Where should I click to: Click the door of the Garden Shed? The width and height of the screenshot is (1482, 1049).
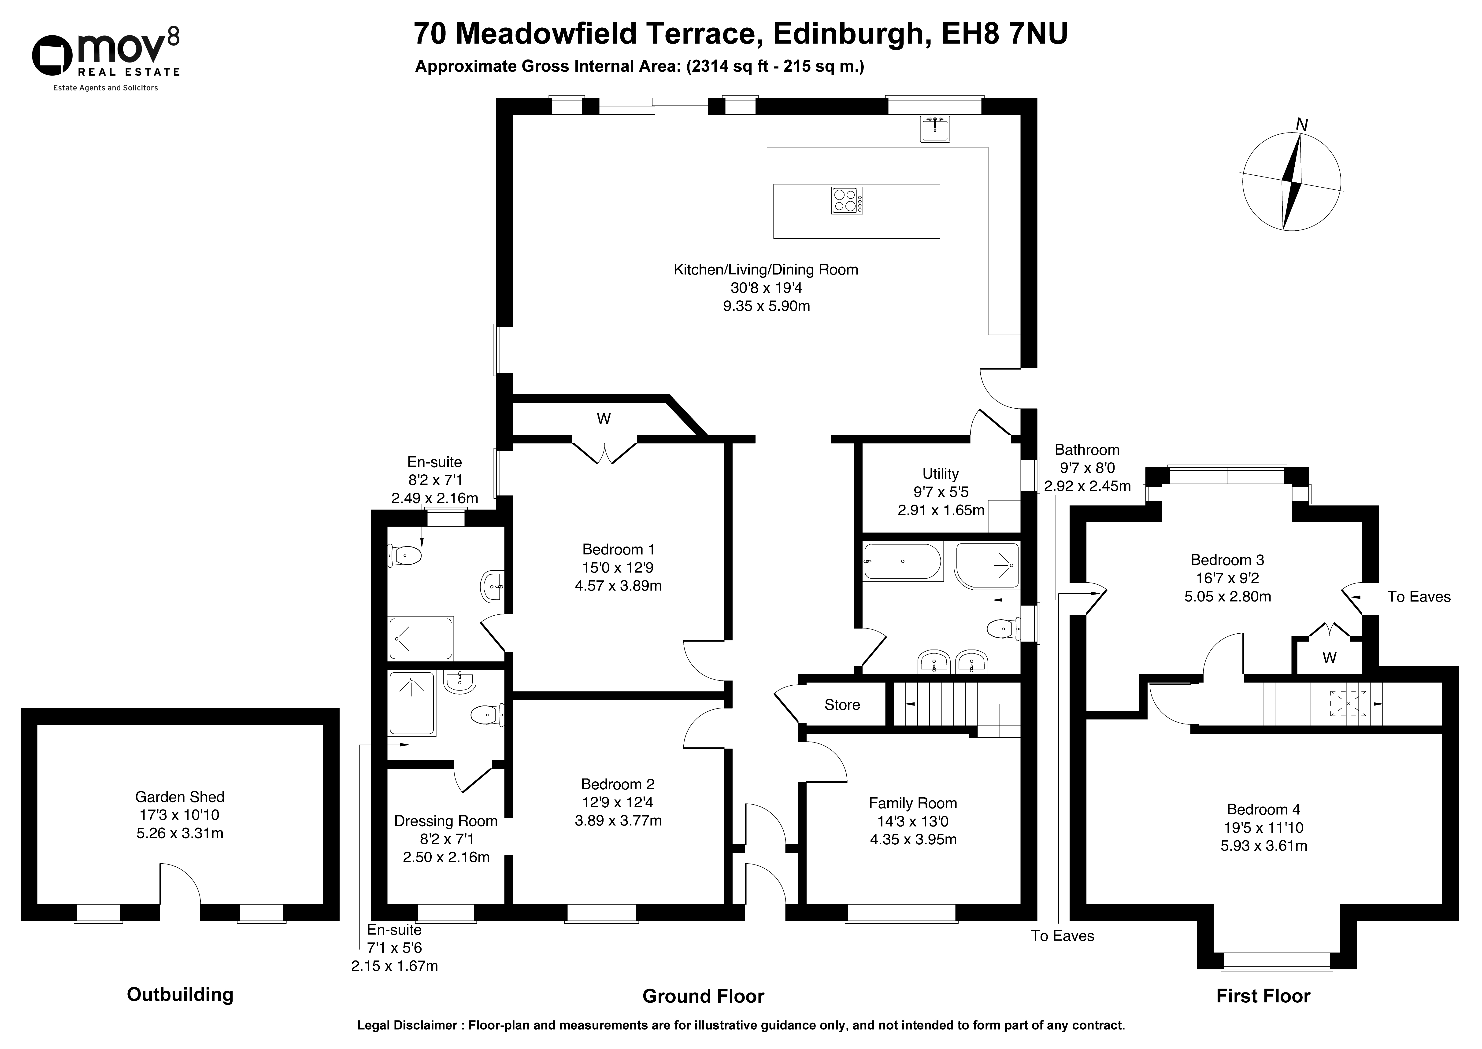(x=180, y=883)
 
